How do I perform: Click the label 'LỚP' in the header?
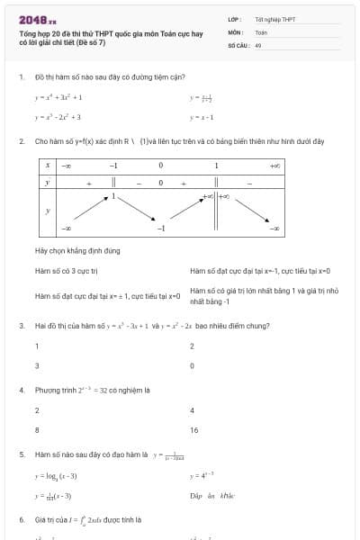[x=233, y=19]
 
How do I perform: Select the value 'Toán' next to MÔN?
[x=261, y=31]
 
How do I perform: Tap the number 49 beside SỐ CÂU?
[x=258, y=44]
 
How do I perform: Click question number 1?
[x=21, y=77]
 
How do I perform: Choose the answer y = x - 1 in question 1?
[x=200, y=117]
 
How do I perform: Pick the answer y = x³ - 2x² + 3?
[x=58, y=117]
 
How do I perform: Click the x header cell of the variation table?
[x=47, y=166]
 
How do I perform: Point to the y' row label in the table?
[x=47, y=183]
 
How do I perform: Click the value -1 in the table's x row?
[x=113, y=166]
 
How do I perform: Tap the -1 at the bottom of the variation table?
[x=160, y=228]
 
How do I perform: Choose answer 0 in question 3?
[x=192, y=366]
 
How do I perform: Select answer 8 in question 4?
[x=37, y=431]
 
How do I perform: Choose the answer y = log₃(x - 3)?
[x=56, y=475]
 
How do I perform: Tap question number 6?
[x=21, y=520]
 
